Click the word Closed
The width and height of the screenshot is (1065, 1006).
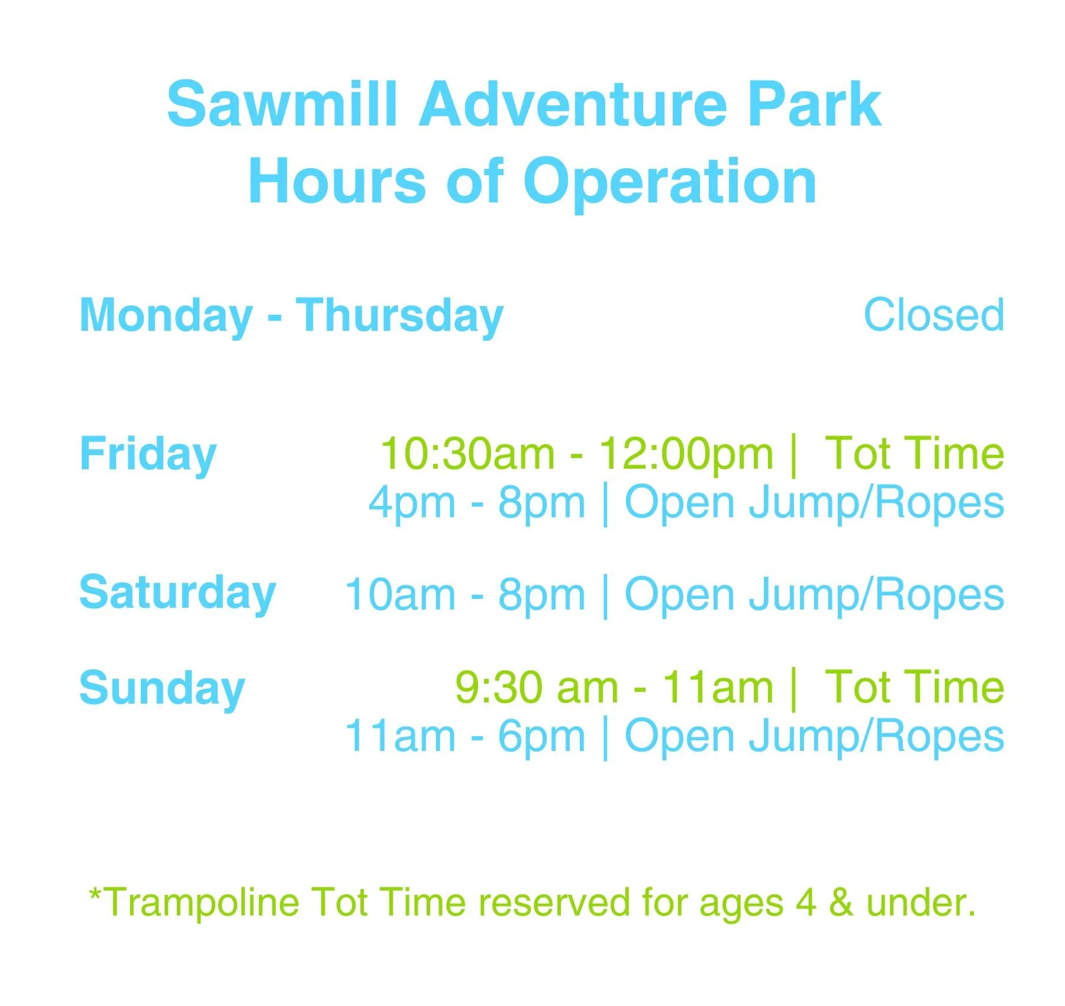coord(934,315)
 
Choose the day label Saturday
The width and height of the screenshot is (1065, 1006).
coord(177,594)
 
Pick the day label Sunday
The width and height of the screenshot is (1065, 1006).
coord(162,690)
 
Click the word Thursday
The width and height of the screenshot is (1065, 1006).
coord(399,317)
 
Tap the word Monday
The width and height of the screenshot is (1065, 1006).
coord(166,317)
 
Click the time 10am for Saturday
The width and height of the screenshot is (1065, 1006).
coord(400,594)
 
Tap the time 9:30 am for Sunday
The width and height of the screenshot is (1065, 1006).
coord(537,688)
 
